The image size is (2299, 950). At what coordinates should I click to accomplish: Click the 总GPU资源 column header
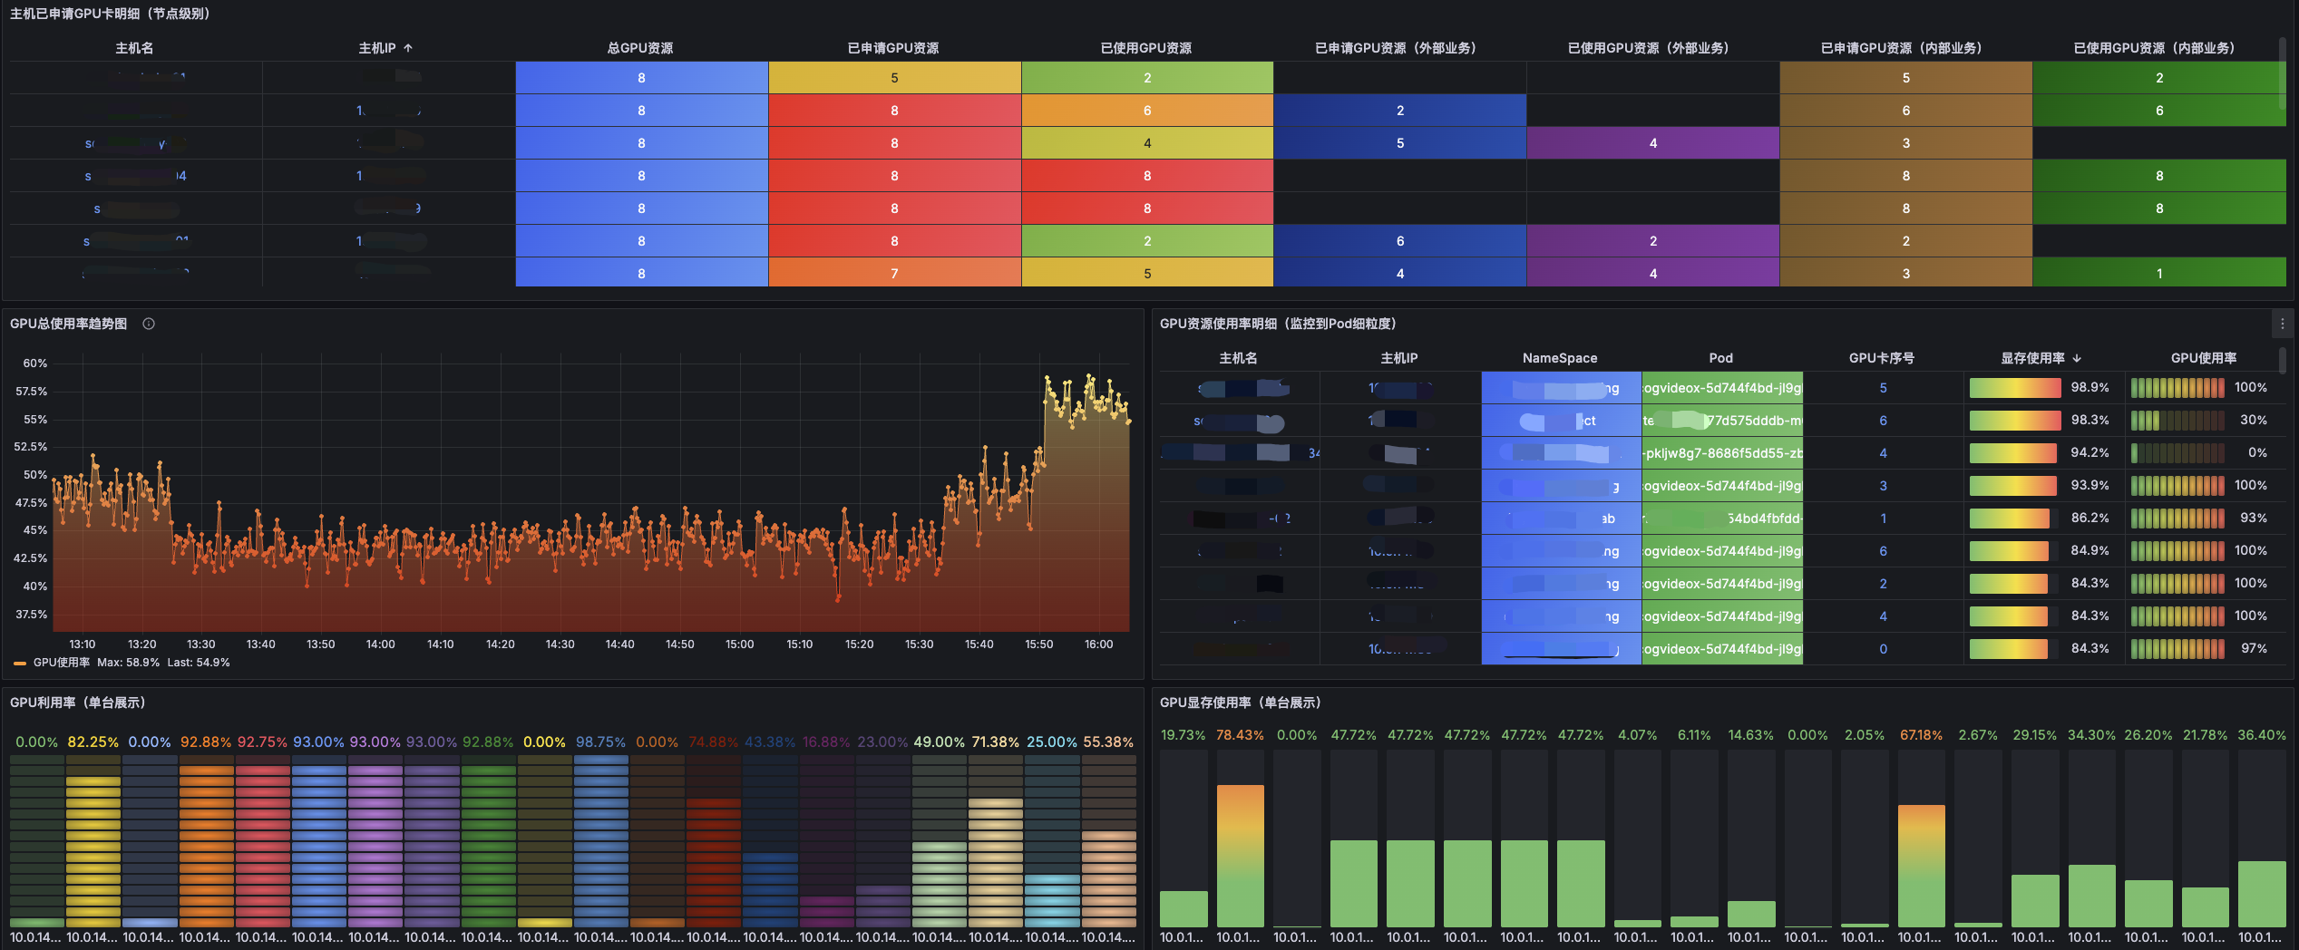(640, 48)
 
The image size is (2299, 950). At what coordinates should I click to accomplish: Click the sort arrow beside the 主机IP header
(408, 48)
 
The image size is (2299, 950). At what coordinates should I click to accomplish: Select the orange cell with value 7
(894, 273)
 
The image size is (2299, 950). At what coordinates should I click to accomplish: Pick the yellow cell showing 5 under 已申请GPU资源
(894, 78)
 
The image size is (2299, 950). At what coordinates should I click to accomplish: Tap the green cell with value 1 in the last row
(2158, 273)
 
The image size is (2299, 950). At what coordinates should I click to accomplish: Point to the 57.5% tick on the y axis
(32, 392)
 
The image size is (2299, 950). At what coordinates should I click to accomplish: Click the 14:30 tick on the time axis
(560, 645)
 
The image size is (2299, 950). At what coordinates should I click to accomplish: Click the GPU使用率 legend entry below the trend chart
(61, 663)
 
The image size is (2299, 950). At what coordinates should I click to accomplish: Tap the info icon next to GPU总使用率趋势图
(149, 324)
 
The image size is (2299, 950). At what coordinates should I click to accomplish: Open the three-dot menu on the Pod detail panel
(2283, 324)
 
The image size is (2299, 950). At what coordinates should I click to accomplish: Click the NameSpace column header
(1560, 358)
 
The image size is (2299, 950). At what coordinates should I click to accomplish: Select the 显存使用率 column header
(2032, 358)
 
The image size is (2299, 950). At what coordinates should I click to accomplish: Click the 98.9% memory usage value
(2090, 387)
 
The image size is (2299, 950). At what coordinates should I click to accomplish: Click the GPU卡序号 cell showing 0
(1883, 649)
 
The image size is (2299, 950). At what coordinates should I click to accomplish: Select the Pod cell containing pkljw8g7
(1721, 453)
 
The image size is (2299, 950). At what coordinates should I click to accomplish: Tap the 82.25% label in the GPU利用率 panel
(93, 742)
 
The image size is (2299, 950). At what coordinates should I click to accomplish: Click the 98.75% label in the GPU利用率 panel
(601, 742)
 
